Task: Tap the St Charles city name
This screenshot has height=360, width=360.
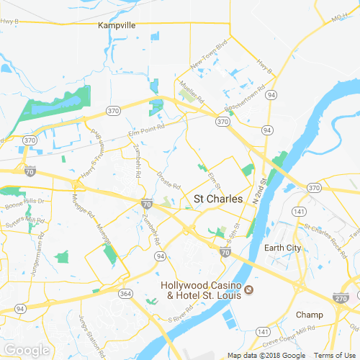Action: click(217, 199)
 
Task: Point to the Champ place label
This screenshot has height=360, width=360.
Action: click(310, 315)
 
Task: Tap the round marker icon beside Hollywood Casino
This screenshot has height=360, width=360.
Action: click(248, 289)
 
